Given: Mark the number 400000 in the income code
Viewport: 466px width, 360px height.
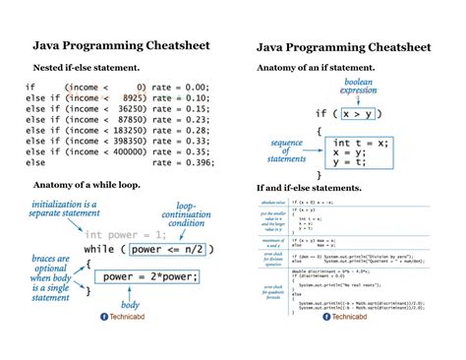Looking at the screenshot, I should (123, 152).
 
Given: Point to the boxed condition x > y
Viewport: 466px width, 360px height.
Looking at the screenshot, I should (361, 115).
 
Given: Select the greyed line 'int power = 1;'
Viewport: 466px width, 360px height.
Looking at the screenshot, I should (108, 234).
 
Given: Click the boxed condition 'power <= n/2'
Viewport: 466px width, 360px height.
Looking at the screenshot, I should (168, 249).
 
